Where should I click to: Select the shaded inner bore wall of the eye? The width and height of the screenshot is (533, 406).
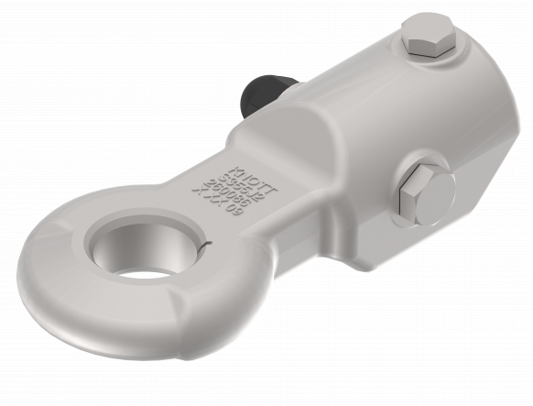point(128,240)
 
